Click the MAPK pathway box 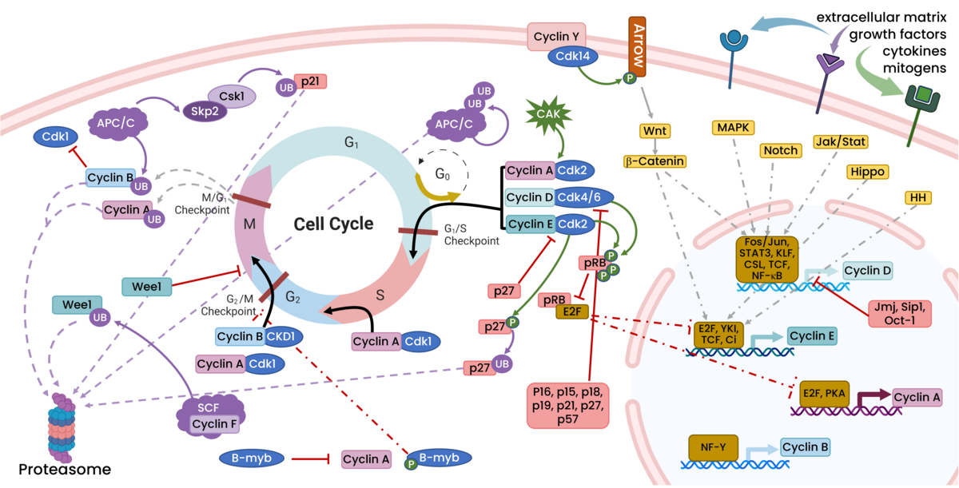click(x=733, y=127)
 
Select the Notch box click(x=781, y=150)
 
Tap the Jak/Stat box click(x=840, y=141)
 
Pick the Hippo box click(x=869, y=172)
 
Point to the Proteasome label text click(x=55, y=468)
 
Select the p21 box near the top click(x=310, y=81)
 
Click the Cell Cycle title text click(x=333, y=224)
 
